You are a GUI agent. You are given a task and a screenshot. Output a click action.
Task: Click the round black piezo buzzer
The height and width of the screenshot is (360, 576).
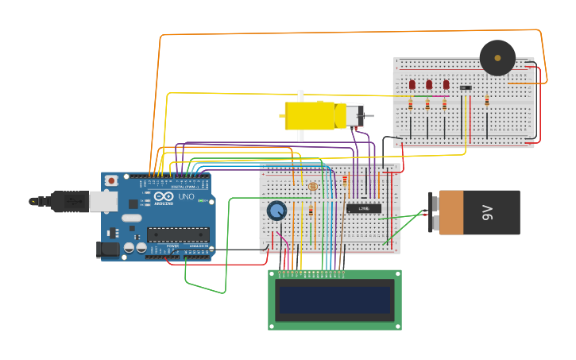pyautogui.click(x=497, y=58)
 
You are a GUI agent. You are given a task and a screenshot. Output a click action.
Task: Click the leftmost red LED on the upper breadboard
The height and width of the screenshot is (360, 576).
pyautogui.click(x=412, y=84)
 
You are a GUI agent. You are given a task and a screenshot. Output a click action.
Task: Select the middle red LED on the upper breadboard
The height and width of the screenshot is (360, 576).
pyautogui.click(x=429, y=84)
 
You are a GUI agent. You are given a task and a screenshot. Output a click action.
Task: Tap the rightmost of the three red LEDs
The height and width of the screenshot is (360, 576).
pyautogui.click(x=446, y=84)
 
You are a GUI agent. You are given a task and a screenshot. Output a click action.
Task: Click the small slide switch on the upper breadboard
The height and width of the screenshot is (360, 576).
pyautogui.click(x=466, y=87)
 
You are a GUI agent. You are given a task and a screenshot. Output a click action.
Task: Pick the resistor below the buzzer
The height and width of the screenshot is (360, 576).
pyautogui.click(x=487, y=101)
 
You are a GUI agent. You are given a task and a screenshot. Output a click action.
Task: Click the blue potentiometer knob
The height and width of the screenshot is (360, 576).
pyautogui.click(x=276, y=211)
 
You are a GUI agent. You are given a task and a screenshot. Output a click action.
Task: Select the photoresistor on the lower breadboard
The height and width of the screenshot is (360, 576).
pyautogui.click(x=312, y=187)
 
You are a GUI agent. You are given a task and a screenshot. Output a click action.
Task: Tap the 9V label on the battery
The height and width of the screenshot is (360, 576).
pyautogui.click(x=487, y=212)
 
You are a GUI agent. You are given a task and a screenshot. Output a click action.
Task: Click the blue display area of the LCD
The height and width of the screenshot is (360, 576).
pyautogui.click(x=334, y=300)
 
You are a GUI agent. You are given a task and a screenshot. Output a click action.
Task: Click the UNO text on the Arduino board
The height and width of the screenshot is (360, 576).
pyautogui.click(x=186, y=196)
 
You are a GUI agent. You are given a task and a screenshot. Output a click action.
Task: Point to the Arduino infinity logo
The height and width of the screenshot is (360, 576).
pyautogui.click(x=163, y=196)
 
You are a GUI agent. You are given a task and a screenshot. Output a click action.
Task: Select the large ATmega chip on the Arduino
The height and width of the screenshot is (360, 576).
pyautogui.click(x=178, y=234)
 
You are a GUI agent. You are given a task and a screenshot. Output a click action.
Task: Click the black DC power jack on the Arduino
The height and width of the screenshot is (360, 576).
pyautogui.click(x=107, y=250)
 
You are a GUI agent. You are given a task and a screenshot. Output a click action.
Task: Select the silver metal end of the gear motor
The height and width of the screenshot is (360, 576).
pyautogui.click(x=353, y=115)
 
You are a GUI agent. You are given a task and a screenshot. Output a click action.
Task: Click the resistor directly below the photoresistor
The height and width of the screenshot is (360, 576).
pyautogui.click(x=311, y=211)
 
